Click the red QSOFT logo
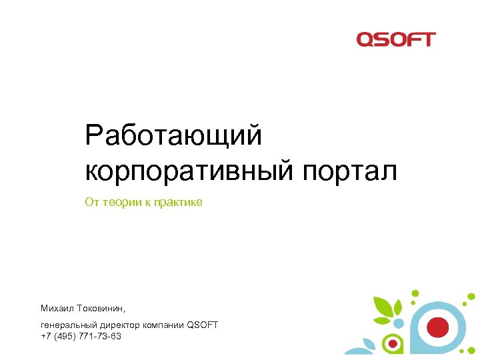pyautogui.click(x=396, y=39)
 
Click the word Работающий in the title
pyautogui.click(x=173, y=137)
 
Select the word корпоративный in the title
pyautogui.click(x=189, y=171)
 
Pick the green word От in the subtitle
pyautogui.click(x=91, y=202)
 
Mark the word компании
pyautogui.click(x=163, y=325)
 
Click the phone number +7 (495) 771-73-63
pyautogui.click(x=81, y=336)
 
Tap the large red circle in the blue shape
pyautogui.click(x=437, y=327)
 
